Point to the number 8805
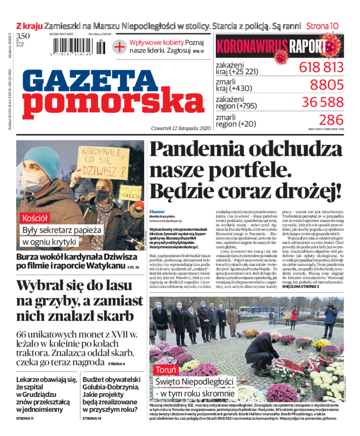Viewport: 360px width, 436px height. (x=326, y=85)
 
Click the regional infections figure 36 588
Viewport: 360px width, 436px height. (x=322, y=102)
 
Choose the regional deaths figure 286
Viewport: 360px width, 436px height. (x=331, y=120)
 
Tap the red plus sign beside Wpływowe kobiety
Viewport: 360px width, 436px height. (x=119, y=47)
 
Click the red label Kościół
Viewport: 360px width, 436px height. (x=34, y=219)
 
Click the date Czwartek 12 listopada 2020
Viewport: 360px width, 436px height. (x=181, y=128)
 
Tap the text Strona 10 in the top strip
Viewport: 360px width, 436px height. (x=322, y=26)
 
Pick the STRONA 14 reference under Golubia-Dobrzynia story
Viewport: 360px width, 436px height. (x=92, y=418)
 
